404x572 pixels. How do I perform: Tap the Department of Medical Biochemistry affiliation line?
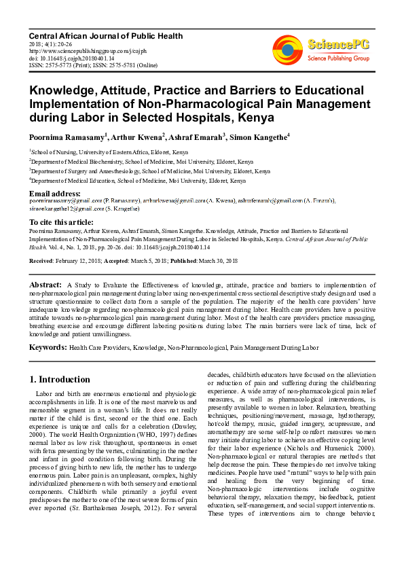[x=142, y=162]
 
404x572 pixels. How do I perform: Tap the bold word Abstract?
[x=46, y=284]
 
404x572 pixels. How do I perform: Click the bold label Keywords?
[x=48, y=347]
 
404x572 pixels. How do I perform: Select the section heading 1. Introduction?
[x=60, y=380]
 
